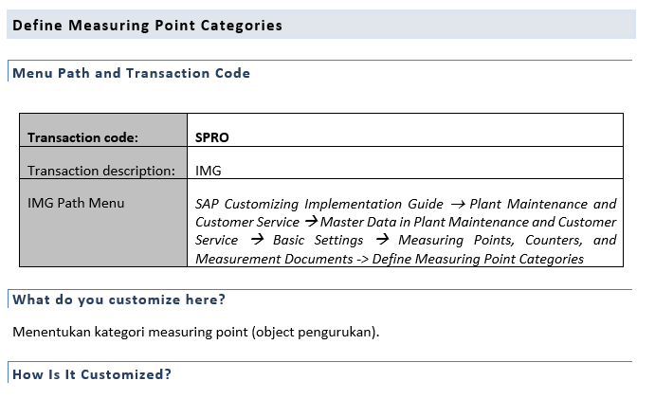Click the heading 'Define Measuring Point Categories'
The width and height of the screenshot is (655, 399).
point(148,26)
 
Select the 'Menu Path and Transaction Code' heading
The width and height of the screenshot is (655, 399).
point(131,73)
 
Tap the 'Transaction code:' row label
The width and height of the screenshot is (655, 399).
point(82,137)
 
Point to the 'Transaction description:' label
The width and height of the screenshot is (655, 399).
point(101,171)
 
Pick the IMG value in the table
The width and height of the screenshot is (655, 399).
point(208,171)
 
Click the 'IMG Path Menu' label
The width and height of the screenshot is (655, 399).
point(76,203)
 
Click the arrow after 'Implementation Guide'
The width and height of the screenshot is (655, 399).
point(458,205)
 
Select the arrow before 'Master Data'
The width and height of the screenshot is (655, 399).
point(312,222)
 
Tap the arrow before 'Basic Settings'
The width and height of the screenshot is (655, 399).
point(257,240)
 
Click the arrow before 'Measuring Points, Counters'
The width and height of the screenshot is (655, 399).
point(382,240)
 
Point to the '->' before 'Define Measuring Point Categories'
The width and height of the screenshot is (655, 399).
point(362,260)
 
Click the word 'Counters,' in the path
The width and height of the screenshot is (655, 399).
point(554,240)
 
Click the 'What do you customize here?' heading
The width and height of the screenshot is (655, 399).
point(119,299)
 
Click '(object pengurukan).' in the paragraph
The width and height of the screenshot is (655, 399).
point(316,332)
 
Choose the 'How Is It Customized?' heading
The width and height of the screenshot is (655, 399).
point(92,374)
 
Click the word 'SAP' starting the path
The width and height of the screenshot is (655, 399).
point(207,204)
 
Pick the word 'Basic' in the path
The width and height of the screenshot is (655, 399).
point(289,240)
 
